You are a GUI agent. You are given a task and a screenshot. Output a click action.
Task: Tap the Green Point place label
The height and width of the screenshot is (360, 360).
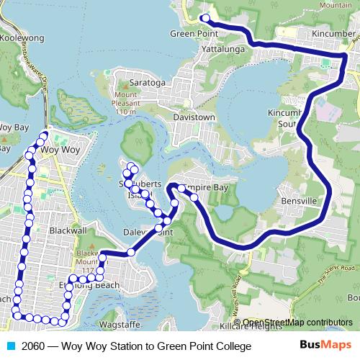(x=194, y=33)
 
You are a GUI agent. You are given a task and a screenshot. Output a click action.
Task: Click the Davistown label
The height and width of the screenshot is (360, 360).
(x=194, y=116)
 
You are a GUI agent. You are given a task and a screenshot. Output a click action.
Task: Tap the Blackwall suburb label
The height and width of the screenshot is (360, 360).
(x=69, y=230)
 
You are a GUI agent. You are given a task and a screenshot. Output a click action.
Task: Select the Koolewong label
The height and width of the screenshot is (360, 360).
(x=19, y=40)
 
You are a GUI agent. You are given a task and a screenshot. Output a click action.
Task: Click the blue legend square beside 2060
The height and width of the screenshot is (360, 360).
(x=10, y=346)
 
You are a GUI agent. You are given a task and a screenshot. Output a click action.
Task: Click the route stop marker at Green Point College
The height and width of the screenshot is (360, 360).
(x=204, y=18)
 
